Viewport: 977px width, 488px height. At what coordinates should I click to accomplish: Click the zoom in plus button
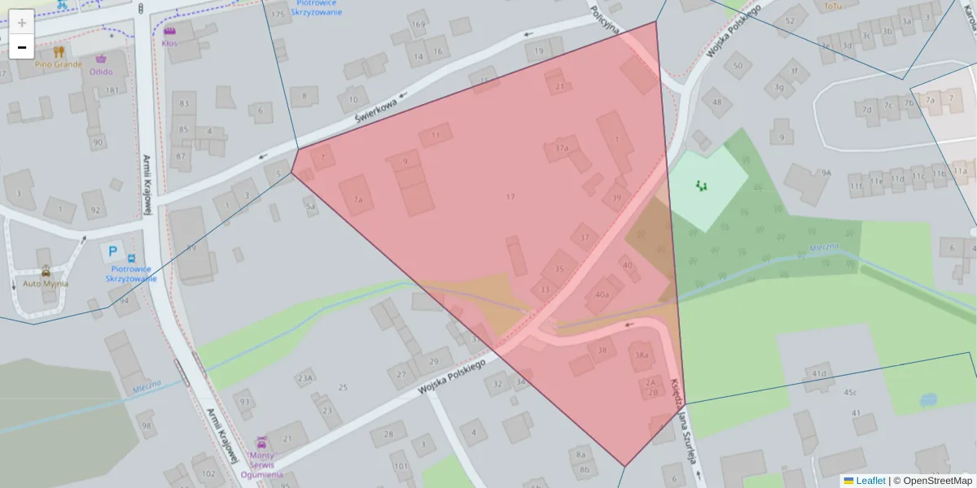coord(21,22)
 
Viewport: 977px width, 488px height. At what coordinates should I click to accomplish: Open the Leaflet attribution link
coord(870,481)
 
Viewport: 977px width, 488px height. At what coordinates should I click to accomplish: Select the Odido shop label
coord(101,71)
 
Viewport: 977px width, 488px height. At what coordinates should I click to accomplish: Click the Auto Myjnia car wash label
coord(46,283)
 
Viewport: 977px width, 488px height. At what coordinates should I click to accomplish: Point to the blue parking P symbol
coord(112,253)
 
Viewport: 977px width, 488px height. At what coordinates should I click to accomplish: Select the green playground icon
coord(701,185)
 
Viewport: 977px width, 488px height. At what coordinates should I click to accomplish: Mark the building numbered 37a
coord(562,148)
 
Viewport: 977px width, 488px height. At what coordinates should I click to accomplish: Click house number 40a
coord(602,294)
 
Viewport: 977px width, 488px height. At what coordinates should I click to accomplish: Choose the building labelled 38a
coord(642,355)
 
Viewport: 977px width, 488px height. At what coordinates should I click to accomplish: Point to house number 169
coord(418,24)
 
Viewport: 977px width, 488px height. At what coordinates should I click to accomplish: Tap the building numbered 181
coord(112,90)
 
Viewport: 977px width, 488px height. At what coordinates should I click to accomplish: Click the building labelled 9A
coord(826,172)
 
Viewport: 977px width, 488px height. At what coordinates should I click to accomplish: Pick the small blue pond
coord(927,400)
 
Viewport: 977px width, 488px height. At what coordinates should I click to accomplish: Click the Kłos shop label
coord(169,42)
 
